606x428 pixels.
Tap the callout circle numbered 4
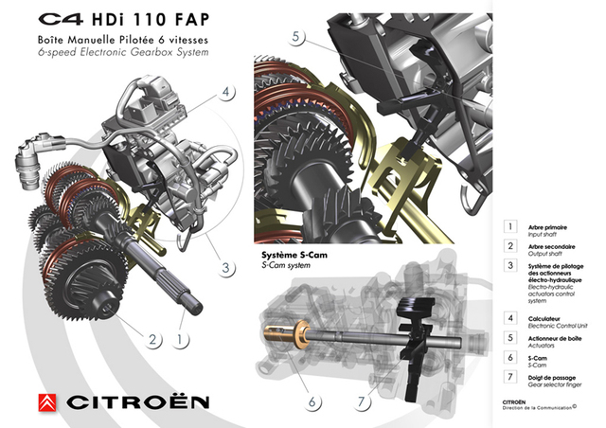(x=225, y=93)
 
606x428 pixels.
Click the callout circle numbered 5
(x=296, y=37)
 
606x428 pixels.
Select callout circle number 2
(x=151, y=337)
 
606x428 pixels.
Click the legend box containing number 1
(x=510, y=227)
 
